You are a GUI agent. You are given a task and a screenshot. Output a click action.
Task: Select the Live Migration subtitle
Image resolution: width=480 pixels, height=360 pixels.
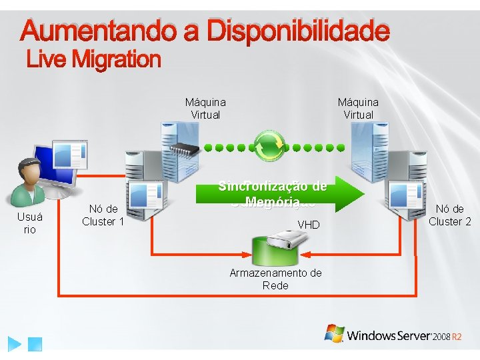coord(93,60)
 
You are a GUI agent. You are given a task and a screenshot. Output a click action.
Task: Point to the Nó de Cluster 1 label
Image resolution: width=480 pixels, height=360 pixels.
coord(103,215)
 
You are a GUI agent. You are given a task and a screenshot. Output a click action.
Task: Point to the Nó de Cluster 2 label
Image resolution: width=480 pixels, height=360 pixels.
coord(449,215)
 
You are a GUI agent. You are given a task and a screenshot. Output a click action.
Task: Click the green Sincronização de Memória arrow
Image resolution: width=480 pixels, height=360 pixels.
coord(280,194)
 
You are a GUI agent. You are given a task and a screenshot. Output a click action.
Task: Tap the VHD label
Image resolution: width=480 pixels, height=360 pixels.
coord(309,225)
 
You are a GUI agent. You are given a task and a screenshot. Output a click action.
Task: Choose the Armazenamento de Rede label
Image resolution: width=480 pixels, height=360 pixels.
coord(275,279)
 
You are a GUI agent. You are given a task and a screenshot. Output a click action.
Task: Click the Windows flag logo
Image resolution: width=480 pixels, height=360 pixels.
coord(334,333)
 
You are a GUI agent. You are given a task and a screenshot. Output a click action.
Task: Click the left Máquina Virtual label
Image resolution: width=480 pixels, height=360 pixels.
coord(205,108)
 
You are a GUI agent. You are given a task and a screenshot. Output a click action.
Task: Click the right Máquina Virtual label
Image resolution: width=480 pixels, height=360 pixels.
coord(358,108)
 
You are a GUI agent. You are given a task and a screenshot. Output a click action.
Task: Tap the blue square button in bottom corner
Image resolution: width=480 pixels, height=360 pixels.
coord(36,345)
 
